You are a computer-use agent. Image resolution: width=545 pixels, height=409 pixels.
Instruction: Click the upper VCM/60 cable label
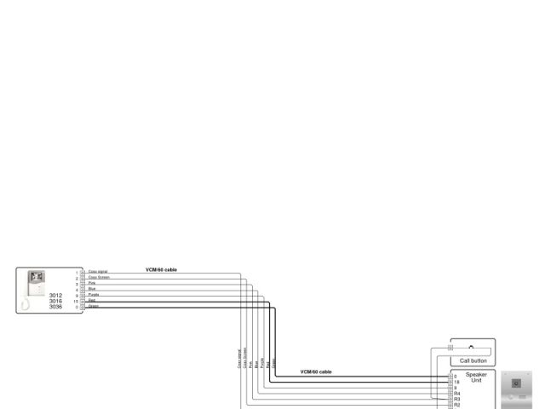(x=161, y=269)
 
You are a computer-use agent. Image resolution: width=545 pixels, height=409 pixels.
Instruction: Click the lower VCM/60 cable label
(x=316, y=372)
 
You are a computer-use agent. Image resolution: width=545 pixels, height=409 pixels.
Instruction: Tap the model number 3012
(x=55, y=296)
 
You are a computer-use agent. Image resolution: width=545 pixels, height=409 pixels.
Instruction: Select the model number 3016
(x=55, y=301)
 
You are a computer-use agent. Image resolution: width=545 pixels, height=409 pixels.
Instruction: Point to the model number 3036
(x=55, y=307)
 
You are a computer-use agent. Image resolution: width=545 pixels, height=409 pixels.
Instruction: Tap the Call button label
(x=473, y=360)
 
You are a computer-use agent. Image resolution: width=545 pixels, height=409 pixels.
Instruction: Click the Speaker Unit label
(x=476, y=377)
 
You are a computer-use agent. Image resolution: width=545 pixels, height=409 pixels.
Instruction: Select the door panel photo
(x=516, y=389)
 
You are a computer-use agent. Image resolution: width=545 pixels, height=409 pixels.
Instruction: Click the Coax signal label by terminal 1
(x=98, y=272)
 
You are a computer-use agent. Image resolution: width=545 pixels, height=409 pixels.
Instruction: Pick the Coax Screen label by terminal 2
(x=99, y=277)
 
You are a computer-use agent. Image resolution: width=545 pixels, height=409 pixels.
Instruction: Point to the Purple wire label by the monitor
(x=94, y=295)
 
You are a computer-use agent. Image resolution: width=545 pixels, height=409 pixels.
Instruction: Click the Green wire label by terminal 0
(x=94, y=306)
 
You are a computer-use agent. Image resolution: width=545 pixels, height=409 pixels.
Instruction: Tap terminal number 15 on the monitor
(x=76, y=301)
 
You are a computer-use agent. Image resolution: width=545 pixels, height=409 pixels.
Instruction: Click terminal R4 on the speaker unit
(x=457, y=394)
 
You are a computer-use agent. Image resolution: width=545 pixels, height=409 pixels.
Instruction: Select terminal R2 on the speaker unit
(x=457, y=405)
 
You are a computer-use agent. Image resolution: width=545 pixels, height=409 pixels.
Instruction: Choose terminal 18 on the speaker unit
(x=456, y=382)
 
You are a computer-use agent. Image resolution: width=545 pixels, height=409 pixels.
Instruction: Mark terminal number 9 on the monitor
(x=77, y=295)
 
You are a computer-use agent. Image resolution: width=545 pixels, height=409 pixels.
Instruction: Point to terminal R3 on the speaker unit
(x=457, y=399)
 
